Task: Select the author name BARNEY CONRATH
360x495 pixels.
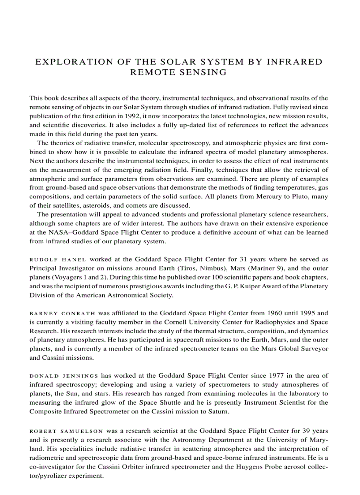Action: point(62,313)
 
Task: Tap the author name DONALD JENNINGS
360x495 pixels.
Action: point(64,376)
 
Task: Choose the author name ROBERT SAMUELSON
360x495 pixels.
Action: point(66,430)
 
